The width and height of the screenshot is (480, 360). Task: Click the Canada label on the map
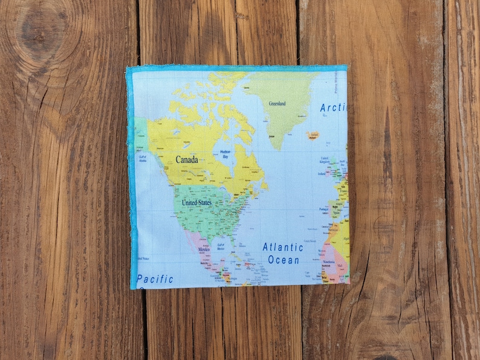[x=187, y=160]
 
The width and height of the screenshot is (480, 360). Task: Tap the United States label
[x=197, y=203]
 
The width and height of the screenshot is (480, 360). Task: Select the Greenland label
[x=277, y=103]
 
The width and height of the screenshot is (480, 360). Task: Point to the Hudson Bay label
[x=225, y=154]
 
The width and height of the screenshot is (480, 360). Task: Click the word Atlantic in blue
[x=282, y=247]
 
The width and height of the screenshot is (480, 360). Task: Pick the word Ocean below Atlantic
[x=284, y=260]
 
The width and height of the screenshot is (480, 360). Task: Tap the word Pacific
[x=155, y=279]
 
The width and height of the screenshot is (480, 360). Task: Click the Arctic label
[x=333, y=108]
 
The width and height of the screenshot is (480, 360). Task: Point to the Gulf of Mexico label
[x=221, y=246]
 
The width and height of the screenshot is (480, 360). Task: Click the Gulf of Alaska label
[x=143, y=159]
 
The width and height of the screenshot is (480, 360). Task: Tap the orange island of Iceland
[x=312, y=135]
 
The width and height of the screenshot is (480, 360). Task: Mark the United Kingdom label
[x=324, y=160]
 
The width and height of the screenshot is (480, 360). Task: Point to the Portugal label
[x=322, y=210]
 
